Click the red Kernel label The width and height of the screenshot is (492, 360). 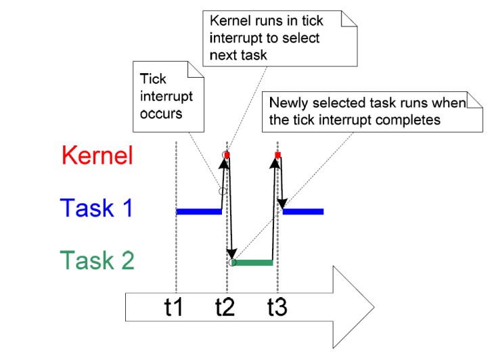tap(97, 155)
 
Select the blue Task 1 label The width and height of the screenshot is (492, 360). tap(97, 208)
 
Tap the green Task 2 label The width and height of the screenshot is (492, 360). tap(97, 260)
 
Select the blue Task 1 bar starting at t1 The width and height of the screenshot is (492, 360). tap(199, 212)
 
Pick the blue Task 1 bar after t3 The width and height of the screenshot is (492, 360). tap(303, 212)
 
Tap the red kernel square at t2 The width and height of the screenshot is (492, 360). tap(227, 155)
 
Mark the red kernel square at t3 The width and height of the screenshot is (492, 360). tap(277, 155)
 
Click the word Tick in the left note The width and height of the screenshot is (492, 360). tap(153, 78)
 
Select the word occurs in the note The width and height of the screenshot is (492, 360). tap(161, 114)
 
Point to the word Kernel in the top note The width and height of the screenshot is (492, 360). tap(231, 21)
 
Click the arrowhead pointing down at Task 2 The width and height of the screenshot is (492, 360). tap(232, 252)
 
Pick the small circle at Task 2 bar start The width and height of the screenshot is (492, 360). tap(233, 263)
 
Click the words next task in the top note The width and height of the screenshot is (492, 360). tap(238, 55)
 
